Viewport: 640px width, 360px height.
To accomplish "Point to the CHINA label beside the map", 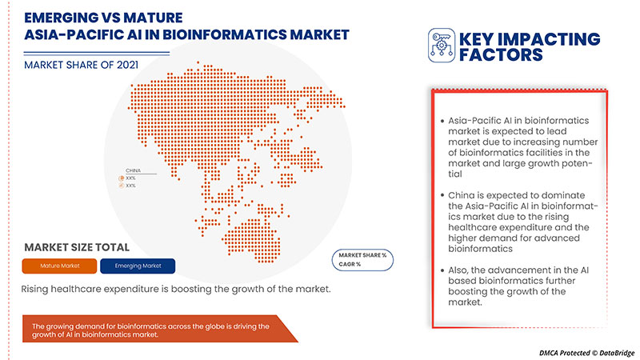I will pos(133,170).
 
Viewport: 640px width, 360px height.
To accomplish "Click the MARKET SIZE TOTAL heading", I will pos(77,246).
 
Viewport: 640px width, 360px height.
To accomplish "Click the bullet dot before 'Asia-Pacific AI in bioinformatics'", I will pos(442,120).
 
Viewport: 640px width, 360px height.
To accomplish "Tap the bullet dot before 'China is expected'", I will pos(442,196).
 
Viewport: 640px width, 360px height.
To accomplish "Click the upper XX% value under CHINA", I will pos(130,178).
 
